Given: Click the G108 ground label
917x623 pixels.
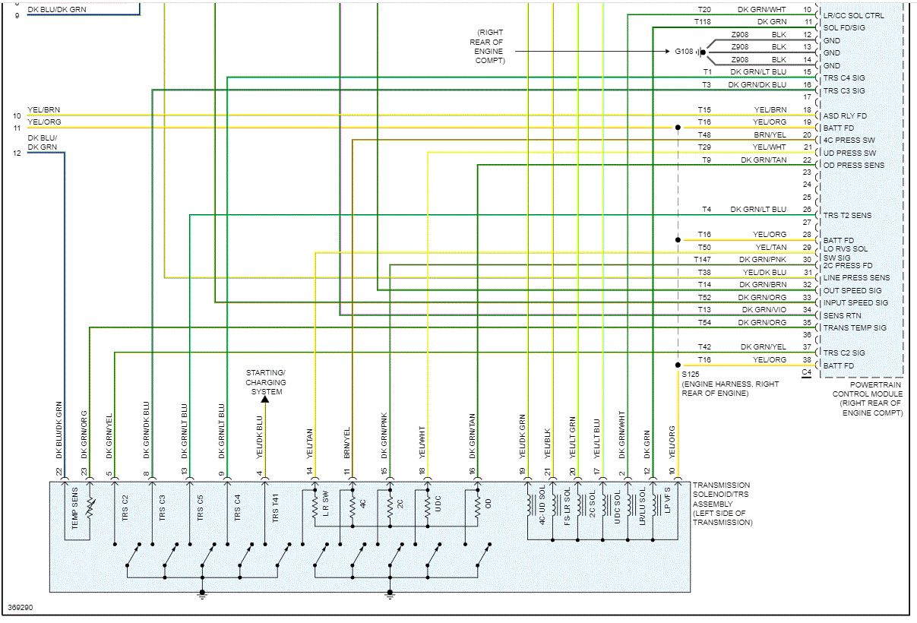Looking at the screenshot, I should pyautogui.click(x=684, y=52).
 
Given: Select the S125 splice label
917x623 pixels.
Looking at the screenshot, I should pyautogui.click(x=690, y=375).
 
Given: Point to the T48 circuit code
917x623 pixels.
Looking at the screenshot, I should pyautogui.click(x=704, y=134).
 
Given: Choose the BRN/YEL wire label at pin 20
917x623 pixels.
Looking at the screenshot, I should pyautogui.click(x=770, y=134).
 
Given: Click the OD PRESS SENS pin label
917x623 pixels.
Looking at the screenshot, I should pyautogui.click(x=854, y=165).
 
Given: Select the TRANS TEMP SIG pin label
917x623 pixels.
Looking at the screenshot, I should pyautogui.click(x=855, y=328).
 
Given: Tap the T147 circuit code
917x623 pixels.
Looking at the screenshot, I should pyautogui.click(x=702, y=260).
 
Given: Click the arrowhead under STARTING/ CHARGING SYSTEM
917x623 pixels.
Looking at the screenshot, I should pyautogui.click(x=265, y=398).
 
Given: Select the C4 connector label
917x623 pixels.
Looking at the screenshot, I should pyautogui.click(x=806, y=373).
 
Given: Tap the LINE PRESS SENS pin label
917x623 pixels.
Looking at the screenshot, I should pyautogui.click(x=856, y=278).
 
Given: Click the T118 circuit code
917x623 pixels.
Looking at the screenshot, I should pyautogui.click(x=702, y=22).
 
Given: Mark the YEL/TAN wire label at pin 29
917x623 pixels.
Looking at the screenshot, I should pyautogui.click(x=770, y=247).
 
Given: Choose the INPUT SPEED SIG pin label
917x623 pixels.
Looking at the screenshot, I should pyautogui.click(x=855, y=303).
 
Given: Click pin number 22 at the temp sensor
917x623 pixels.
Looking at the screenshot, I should pyautogui.click(x=59, y=471).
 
